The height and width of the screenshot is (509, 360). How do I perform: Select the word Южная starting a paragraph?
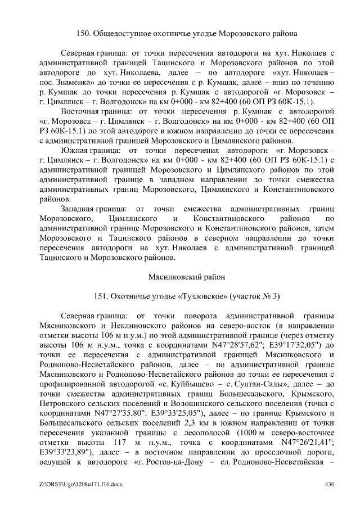[x=76, y=151]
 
